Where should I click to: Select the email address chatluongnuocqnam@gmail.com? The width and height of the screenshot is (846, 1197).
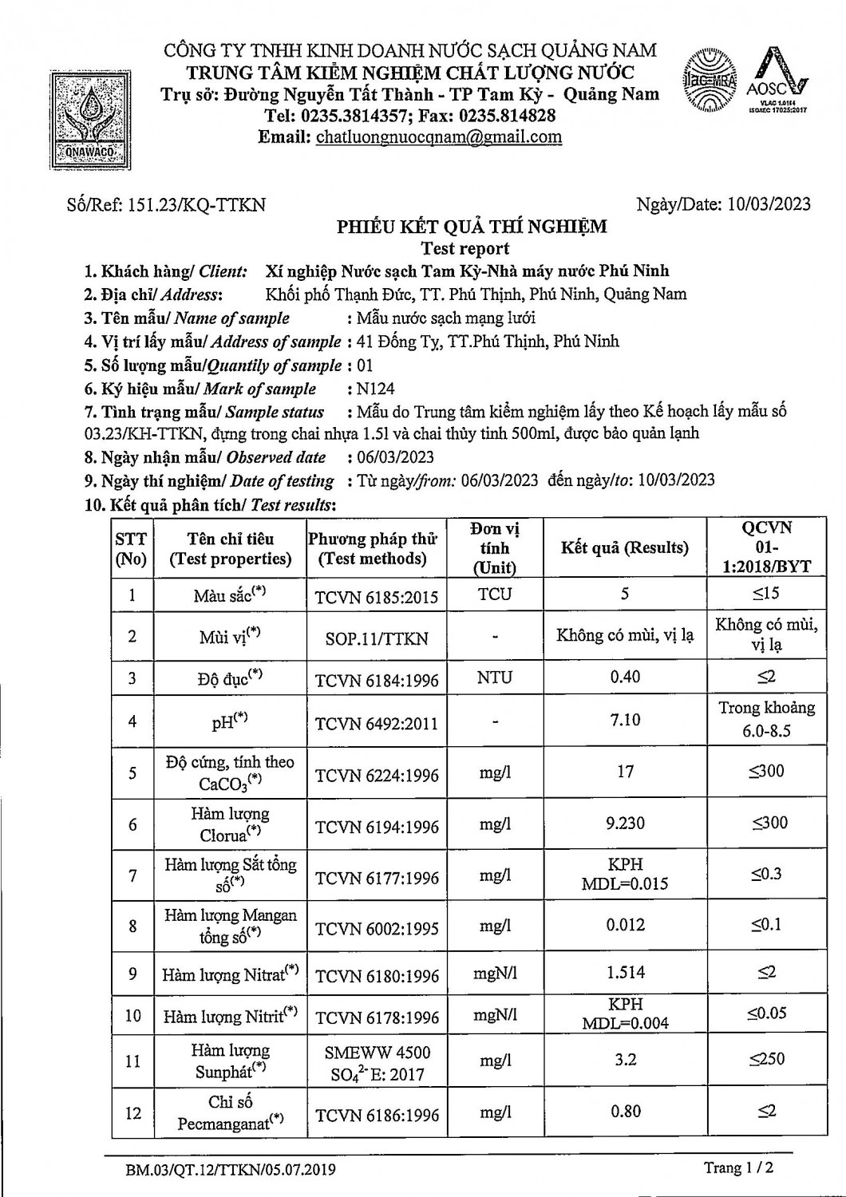tap(439, 136)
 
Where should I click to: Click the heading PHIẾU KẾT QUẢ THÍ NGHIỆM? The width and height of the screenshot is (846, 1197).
tap(471, 227)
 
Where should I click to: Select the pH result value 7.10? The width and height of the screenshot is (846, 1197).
tap(625, 720)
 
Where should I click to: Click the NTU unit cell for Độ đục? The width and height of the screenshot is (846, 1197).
tap(494, 678)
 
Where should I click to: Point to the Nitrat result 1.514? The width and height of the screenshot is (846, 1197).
tap(625, 973)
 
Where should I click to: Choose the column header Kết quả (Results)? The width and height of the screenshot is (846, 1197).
tap(625, 547)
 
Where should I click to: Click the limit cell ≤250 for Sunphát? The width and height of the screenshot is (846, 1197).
tap(766, 1059)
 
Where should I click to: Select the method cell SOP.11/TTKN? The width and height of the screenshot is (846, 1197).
tap(377, 638)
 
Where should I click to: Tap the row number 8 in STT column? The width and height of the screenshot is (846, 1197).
tap(132, 926)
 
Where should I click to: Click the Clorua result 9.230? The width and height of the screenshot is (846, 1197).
tap(625, 824)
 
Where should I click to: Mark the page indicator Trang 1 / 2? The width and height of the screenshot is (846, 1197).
tap(738, 1168)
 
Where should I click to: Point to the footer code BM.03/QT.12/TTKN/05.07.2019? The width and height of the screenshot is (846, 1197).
tap(231, 1170)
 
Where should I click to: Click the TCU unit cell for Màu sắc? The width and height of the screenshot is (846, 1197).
tap(494, 595)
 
